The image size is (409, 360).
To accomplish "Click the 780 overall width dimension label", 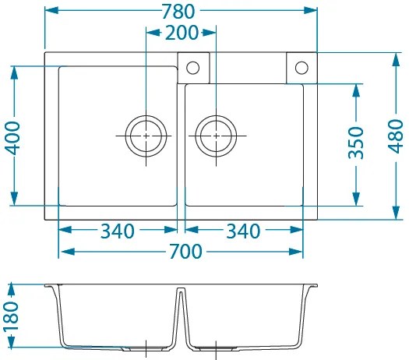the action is click(x=178, y=12).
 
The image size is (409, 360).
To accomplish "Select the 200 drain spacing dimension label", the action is click(x=182, y=33).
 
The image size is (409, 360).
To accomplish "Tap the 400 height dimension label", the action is click(x=12, y=138).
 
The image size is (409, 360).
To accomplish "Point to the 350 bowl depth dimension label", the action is click(x=356, y=143).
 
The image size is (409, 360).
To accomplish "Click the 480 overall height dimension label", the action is click(x=396, y=136).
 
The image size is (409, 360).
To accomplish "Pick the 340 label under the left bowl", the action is click(x=118, y=231).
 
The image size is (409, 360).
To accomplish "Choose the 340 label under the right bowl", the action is click(x=243, y=231).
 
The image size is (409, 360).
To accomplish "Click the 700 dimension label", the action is click(x=185, y=252).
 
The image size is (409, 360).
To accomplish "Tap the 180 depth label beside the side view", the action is click(x=12, y=316).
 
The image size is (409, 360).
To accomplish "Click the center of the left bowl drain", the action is click(x=146, y=136).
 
